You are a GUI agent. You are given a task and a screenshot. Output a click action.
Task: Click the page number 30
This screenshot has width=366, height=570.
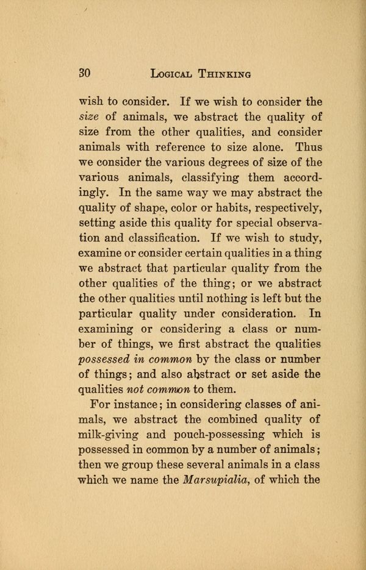click(85, 74)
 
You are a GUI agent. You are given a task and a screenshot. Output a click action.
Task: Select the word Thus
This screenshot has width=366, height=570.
click(309, 148)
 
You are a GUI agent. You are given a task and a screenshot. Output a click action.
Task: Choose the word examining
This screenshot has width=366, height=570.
click(106, 329)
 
